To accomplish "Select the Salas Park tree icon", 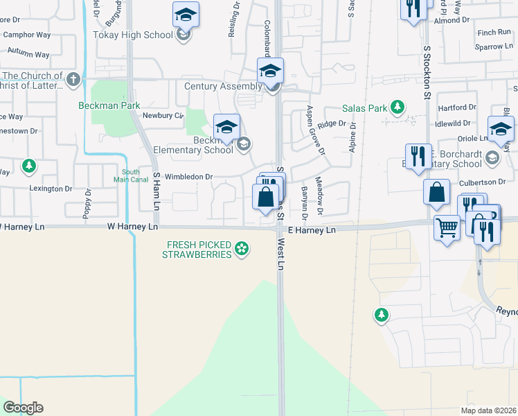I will (398, 107).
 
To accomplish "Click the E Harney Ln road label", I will (312, 229).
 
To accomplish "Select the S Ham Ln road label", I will (157, 192).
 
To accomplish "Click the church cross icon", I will (73, 79).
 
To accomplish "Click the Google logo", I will (23, 408).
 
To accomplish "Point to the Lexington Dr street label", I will (51, 189).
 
